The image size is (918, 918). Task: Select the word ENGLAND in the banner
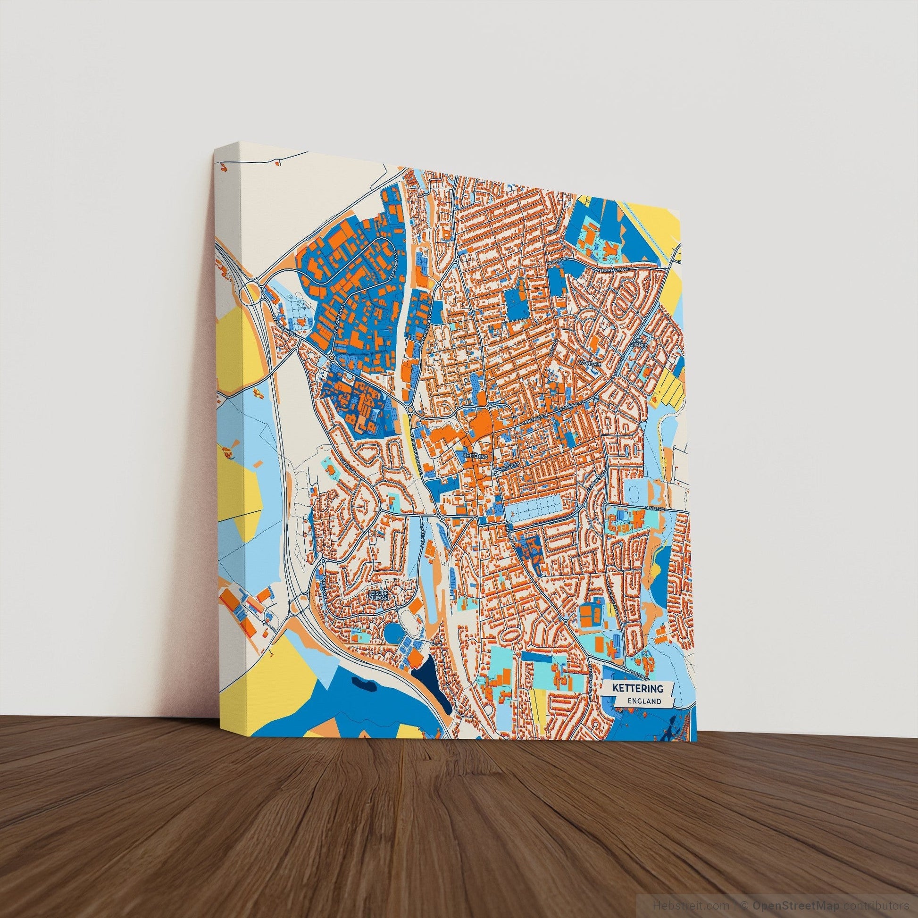pyautogui.click(x=644, y=701)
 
